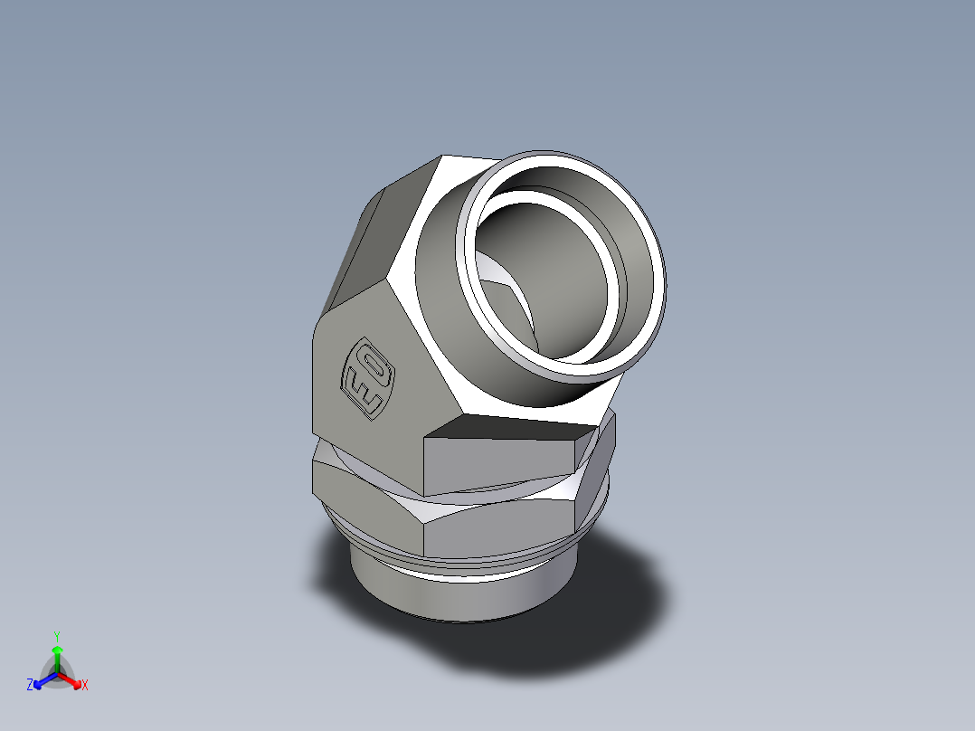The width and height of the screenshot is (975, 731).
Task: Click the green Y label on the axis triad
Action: tap(56, 636)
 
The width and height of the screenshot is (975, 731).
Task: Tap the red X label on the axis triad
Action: tap(84, 686)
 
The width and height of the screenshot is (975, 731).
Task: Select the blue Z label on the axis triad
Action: tap(30, 686)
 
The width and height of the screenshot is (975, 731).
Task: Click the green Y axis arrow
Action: tap(56, 655)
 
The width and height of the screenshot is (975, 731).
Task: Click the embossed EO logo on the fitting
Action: tap(366, 377)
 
